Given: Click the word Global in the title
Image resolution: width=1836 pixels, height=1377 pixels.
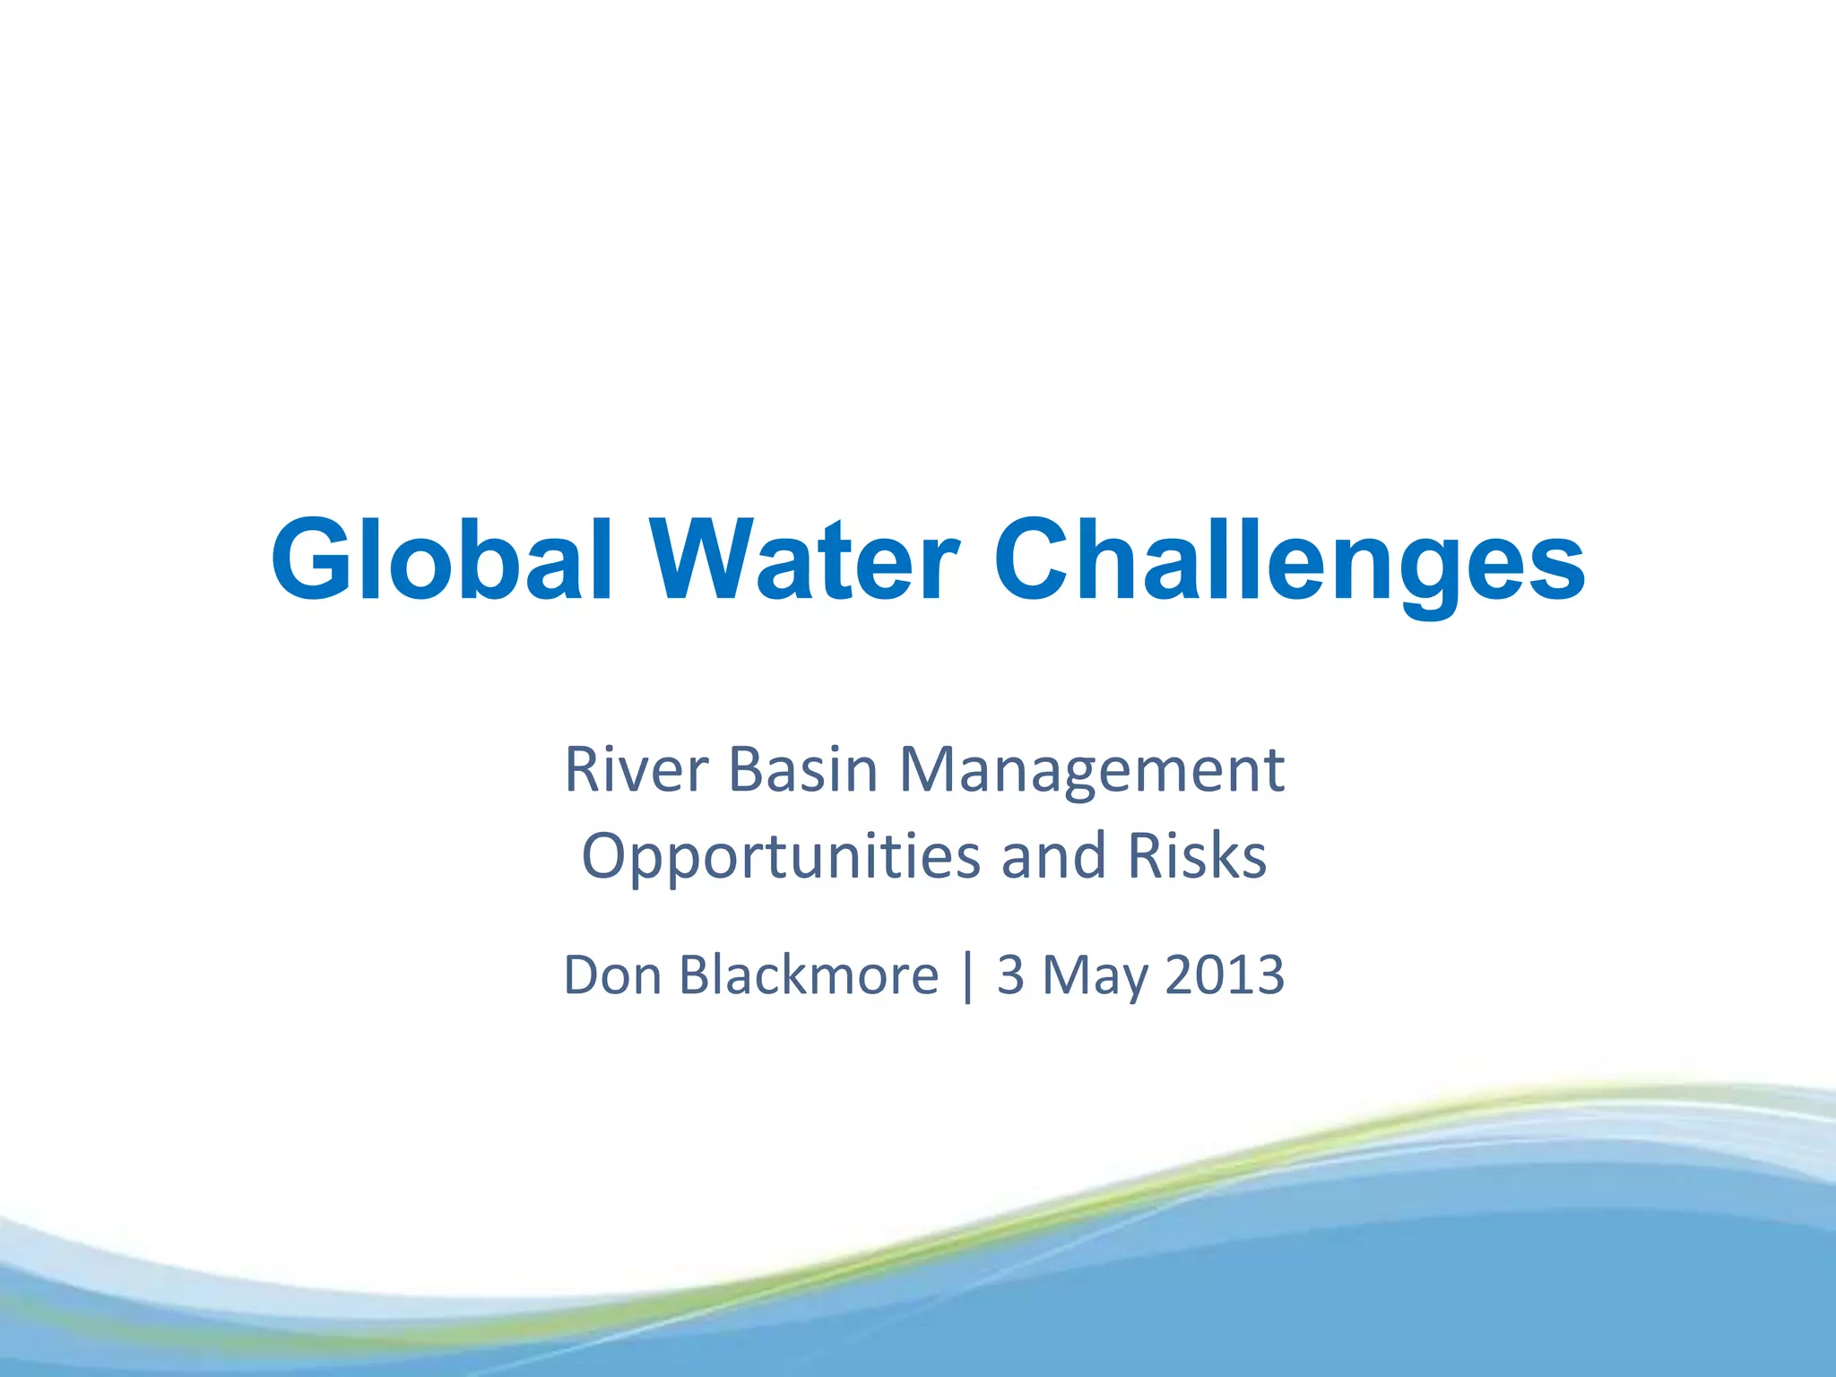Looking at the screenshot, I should (441, 560).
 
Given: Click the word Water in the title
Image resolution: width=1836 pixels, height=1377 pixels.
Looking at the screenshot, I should (804, 560).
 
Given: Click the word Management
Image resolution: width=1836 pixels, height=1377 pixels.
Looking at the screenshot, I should (1091, 771).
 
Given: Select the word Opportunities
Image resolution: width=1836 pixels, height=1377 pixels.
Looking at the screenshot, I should (781, 857).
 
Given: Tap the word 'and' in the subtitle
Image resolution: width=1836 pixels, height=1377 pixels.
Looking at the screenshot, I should (1053, 855).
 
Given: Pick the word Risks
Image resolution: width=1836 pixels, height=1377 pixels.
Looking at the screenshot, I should (1197, 855).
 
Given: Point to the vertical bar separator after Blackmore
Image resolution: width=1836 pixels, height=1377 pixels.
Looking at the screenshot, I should (966, 976).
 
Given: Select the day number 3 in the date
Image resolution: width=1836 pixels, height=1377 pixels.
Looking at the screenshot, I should (1010, 974).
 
